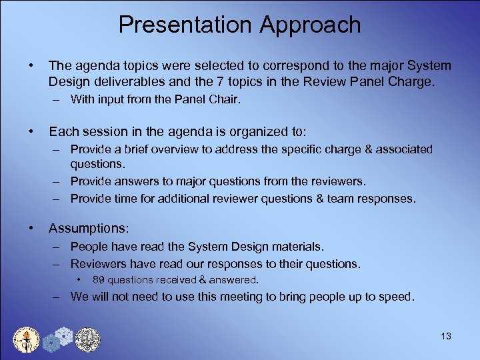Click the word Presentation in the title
coord(186,25)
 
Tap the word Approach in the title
coord(310,25)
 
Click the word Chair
coord(221,100)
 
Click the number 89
coord(99,280)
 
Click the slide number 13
coord(445,336)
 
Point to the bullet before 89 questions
coord(79,279)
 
